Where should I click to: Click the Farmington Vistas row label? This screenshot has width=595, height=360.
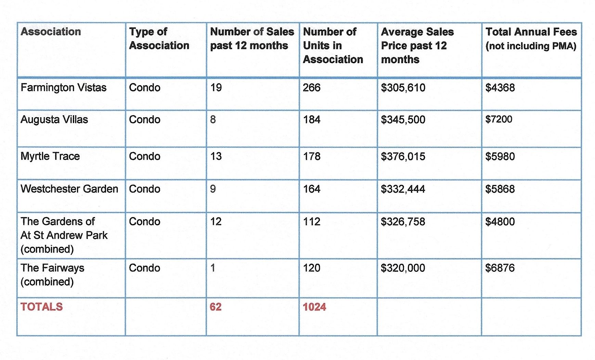63,88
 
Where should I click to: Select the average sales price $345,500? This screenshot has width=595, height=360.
403,120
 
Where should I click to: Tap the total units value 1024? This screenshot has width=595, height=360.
314,307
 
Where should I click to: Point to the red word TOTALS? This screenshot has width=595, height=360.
41,307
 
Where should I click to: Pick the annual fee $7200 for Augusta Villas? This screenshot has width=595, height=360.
499,119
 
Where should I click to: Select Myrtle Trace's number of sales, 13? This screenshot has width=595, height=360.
216,156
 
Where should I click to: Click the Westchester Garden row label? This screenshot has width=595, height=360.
69,189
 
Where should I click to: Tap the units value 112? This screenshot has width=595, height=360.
311,222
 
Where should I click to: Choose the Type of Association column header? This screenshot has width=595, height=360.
159,39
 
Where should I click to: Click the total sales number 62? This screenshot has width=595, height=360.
215,307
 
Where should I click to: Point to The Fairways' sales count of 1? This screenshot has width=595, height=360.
212,268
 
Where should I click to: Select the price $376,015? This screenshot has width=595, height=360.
403,157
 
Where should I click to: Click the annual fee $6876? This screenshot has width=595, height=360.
500,268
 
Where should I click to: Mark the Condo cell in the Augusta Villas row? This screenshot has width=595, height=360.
144,120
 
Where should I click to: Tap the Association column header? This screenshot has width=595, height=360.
51,32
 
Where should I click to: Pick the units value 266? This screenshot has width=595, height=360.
311,88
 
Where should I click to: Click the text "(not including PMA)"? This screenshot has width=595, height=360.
531,46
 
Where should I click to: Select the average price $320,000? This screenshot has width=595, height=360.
403,268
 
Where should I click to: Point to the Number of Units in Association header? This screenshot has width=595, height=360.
333,45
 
